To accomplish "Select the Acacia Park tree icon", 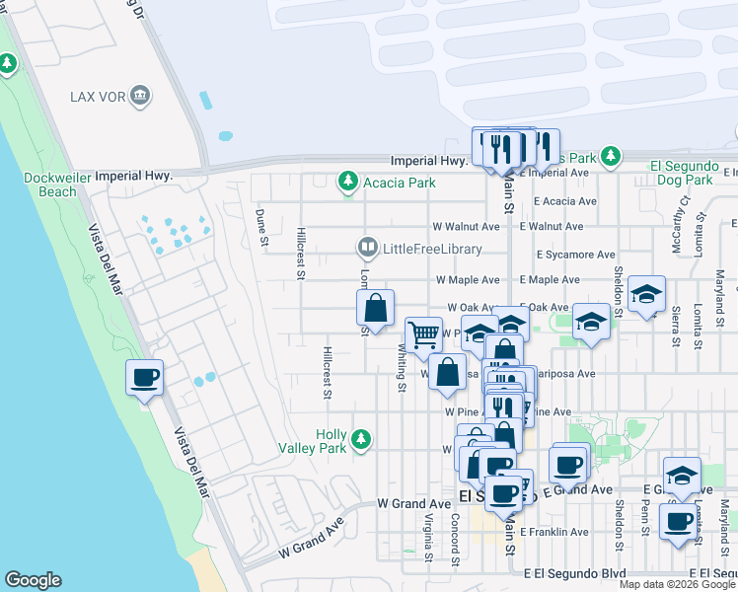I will pyautogui.click(x=347, y=182).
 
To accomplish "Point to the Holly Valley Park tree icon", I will pyautogui.click(x=362, y=438).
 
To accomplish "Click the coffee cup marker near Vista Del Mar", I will pyautogui.click(x=144, y=378).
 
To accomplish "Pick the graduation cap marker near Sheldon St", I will pyautogui.click(x=646, y=294).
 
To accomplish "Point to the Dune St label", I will pyautogui.click(x=261, y=227).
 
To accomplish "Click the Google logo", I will pyautogui.click(x=33, y=580).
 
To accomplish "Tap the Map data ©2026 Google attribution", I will pyautogui.click(x=678, y=584).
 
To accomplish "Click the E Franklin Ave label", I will pyautogui.click(x=553, y=532).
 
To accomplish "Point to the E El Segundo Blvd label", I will pyautogui.click(x=575, y=572).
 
